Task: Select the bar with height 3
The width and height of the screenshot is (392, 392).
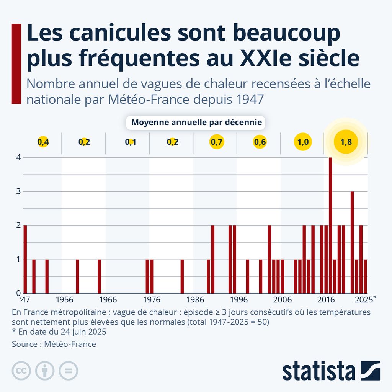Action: pos(352,242)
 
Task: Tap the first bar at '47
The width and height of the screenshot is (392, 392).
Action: pos(25,259)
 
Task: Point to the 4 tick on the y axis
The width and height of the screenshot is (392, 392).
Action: pos(18,157)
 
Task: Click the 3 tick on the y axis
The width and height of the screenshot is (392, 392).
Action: pos(18,191)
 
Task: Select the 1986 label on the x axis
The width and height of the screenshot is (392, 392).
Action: pos(195,299)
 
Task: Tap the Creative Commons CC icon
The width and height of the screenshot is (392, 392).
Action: pos(21,371)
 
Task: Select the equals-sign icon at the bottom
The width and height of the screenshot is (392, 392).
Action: pos(68,371)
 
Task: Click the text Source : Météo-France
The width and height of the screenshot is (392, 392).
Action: pos(54,344)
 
